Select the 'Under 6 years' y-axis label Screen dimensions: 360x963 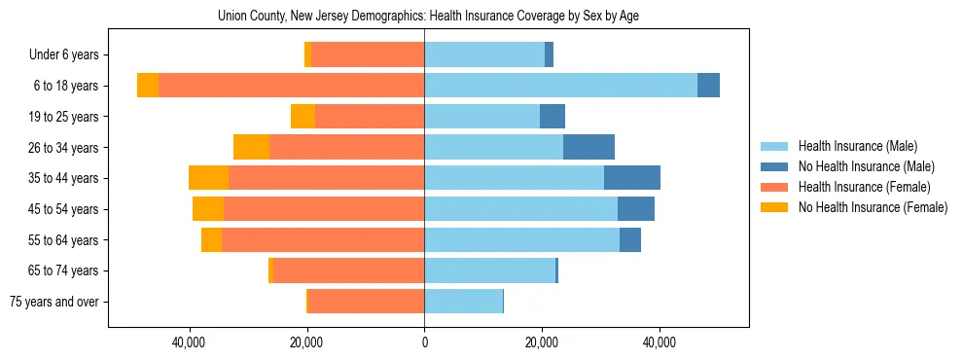pos(70,55)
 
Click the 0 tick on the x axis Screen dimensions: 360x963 pos(424,343)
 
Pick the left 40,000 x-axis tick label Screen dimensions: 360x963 pos(189,343)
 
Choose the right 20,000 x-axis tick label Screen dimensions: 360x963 pos(542,343)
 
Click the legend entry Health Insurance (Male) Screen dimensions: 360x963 pos(857,146)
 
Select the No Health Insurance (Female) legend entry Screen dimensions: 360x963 pos(873,207)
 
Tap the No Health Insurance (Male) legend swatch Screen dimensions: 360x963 pos(775,166)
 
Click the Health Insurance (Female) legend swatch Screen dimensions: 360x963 pos(775,187)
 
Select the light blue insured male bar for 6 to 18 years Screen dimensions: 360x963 pos(560,86)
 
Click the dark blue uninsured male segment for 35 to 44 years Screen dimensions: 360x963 pos(632,178)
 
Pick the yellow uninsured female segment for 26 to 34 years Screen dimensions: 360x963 pos(251,147)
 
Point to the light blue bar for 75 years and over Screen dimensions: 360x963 pos(463,302)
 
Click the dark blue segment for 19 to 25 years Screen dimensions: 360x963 pos(553,117)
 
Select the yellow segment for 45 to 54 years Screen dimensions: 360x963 pos(208,209)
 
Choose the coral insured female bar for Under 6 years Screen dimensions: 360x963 pos(368,55)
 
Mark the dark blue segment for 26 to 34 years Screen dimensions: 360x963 pos(588,147)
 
